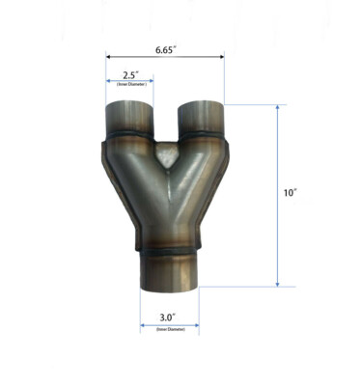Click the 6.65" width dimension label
[x=164, y=45]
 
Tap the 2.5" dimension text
[x=131, y=74]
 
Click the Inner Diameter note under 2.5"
[x=130, y=85]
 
